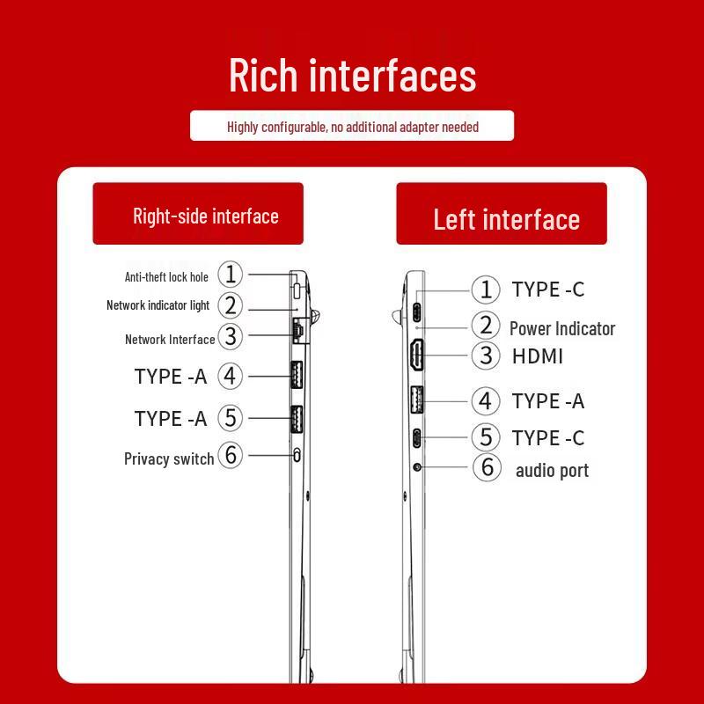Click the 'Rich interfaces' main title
pyautogui.click(x=353, y=75)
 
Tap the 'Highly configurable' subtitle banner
pyautogui.click(x=352, y=126)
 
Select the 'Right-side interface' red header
pyautogui.click(x=198, y=214)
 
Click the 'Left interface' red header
pyautogui.click(x=502, y=214)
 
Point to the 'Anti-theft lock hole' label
pyautogui.click(x=166, y=277)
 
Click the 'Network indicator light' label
pyautogui.click(x=158, y=305)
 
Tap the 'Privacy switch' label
pyautogui.click(x=169, y=458)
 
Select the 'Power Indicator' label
pyautogui.click(x=562, y=328)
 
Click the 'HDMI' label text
pyautogui.click(x=538, y=356)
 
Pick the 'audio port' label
pyautogui.click(x=552, y=471)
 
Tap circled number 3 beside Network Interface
pyautogui.click(x=231, y=336)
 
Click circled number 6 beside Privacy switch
pyautogui.click(x=231, y=455)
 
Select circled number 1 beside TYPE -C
pyautogui.click(x=486, y=290)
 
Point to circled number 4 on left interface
pyautogui.click(x=486, y=401)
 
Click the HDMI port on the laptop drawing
pyautogui.click(x=416, y=356)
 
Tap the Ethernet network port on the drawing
pyautogui.click(x=298, y=331)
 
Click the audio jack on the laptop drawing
pyautogui.click(x=417, y=467)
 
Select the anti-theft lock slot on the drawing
pyautogui.click(x=297, y=290)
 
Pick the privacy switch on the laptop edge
pyautogui.click(x=297, y=455)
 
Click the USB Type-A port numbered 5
pyautogui.click(x=297, y=419)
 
